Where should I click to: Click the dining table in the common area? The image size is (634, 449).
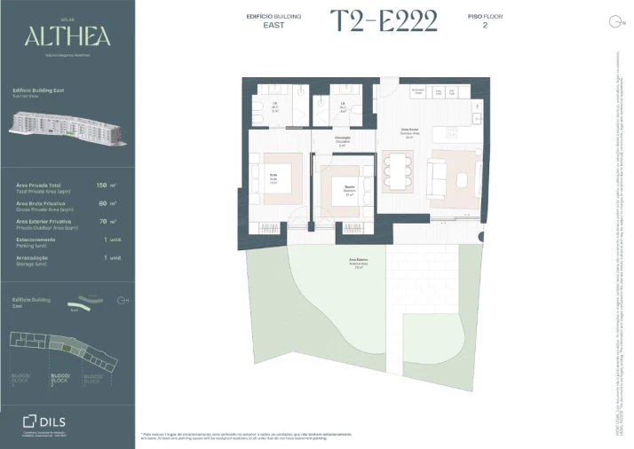coord(397,168)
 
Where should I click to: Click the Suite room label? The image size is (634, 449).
coord(273,176)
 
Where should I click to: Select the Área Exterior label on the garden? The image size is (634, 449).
coord(361,262)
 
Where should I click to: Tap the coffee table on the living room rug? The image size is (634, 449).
coord(463,179)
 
